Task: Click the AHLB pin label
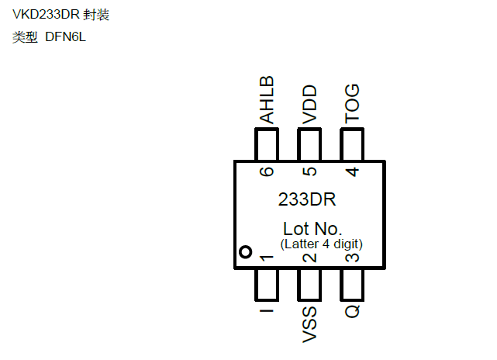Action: pyautogui.click(x=267, y=100)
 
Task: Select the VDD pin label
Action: pyautogui.click(x=309, y=104)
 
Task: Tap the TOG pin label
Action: pyautogui.click(x=352, y=104)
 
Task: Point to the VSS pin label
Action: pyautogui.click(x=309, y=325)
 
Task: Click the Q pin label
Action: pyautogui.click(x=352, y=311)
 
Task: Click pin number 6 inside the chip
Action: pyautogui.click(x=267, y=172)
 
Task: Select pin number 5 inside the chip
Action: pyautogui.click(x=309, y=172)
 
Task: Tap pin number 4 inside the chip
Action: pyautogui.click(x=352, y=172)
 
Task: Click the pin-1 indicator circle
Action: pyautogui.click(x=245, y=252)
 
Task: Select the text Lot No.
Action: pyautogui.click(x=312, y=229)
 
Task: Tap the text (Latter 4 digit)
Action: pyautogui.click(x=322, y=244)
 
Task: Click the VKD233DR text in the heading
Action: pyautogui.click(x=46, y=16)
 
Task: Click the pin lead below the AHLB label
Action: pyautogui.click(x=267, y=144)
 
